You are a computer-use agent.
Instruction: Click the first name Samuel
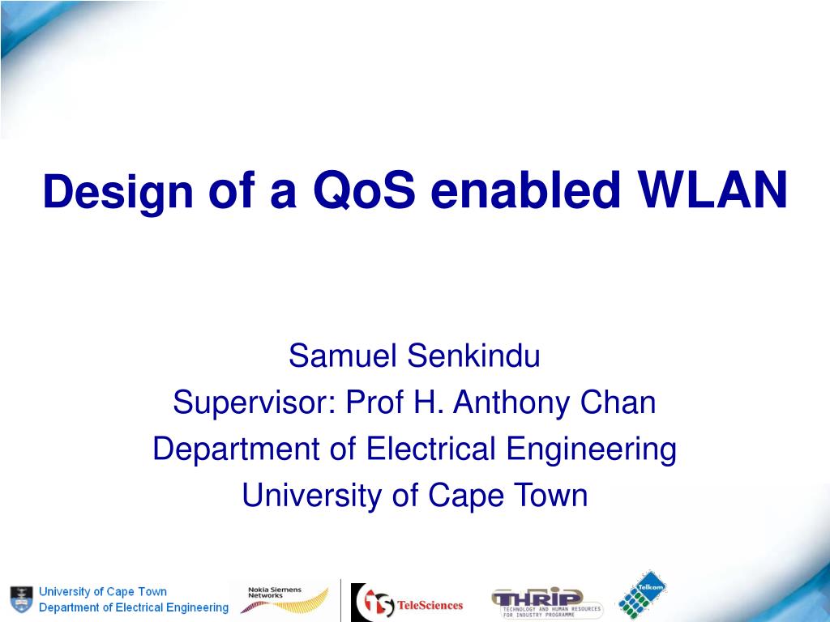click(343, 356)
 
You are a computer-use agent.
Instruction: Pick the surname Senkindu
click(473, 356)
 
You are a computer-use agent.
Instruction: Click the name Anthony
click(511, 403)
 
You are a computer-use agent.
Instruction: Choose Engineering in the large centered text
click(591, 449)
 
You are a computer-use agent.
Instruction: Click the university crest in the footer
click(22, 599)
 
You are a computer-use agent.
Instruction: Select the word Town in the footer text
click(152, 591)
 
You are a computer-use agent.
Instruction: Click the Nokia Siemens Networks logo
click(285, 599)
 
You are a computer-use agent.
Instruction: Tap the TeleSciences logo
click(407, 603)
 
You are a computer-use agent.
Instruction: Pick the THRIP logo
click(547, 603)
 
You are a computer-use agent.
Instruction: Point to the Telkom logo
click(642, 595)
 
